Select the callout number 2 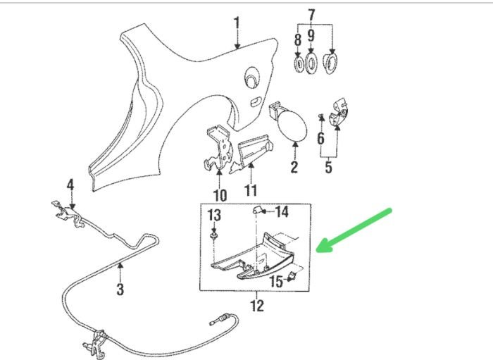pos(294,168)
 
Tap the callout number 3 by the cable pos(120,289)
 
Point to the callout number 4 pos(70,185)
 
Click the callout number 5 pos(328,168)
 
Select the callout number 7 pos(312,14)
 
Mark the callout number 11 pos(251,190)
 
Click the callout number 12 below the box pos(257,306)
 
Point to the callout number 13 pos(213,213)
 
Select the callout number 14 pos(281,211)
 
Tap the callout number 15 pos(276,281)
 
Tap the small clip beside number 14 pos(258,210)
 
